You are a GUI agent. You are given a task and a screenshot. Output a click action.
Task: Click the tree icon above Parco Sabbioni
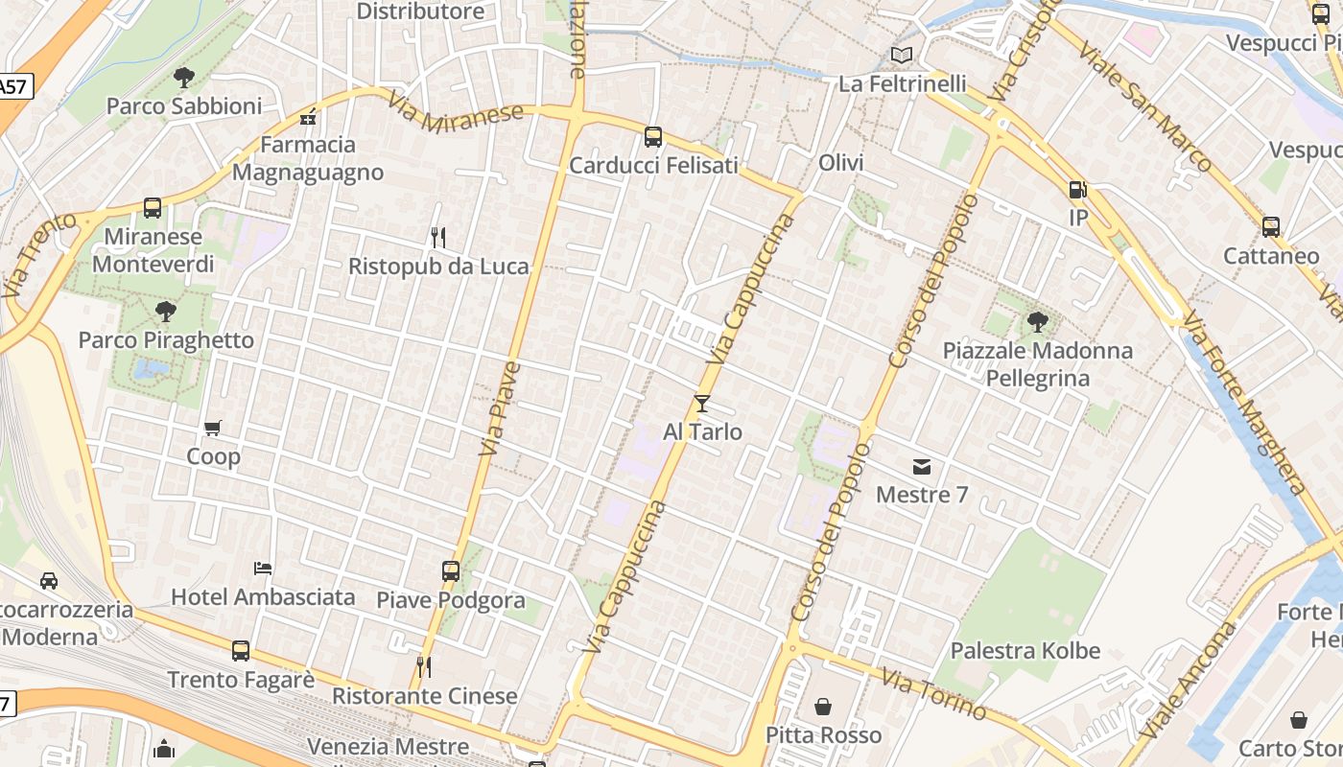(x=184, y=78)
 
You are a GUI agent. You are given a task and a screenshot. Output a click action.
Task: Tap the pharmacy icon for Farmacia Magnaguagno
(x=308, y=119)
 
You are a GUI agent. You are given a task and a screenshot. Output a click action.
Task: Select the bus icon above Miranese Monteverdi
(x=153, y=208)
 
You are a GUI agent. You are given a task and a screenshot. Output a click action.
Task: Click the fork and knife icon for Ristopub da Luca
(x=438, y=237)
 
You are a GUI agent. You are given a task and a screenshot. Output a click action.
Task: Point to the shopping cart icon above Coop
(x=213, y=429)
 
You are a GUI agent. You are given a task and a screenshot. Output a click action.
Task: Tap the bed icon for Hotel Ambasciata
(x=263, y=569)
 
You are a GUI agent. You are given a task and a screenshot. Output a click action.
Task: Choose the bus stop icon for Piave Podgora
(x=451, y=571)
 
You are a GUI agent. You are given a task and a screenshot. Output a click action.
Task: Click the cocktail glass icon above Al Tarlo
(x=702, y=404)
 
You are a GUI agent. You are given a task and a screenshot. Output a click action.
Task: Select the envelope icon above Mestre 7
(x=922, y=467)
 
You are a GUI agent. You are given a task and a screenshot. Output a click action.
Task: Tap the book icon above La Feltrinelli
(x=902, y=56)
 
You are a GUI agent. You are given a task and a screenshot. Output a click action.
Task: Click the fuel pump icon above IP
(x=1078, y=190)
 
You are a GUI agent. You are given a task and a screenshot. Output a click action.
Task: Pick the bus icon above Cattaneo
(x=1271, y=227)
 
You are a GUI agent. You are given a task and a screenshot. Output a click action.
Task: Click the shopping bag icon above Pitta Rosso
(x=823, y=708)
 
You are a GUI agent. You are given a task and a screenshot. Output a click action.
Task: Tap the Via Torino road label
(x=933, y=695)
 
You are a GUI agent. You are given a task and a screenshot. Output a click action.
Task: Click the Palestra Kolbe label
(x=1025, y=651)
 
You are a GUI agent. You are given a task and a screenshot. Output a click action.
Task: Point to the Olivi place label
(x=841, y=163)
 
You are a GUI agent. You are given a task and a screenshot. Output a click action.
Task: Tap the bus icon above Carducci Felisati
(x=653, y=137)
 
